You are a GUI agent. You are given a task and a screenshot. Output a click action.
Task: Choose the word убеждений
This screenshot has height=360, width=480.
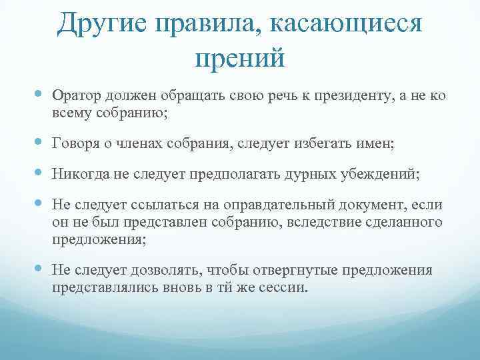tap(380, 173)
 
